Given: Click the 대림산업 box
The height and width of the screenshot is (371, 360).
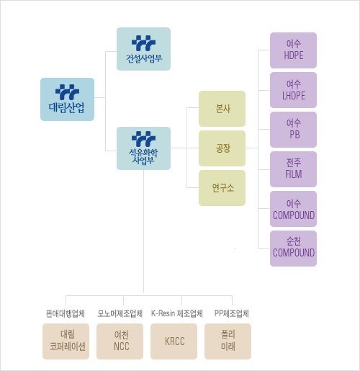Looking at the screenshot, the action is coord(67,99).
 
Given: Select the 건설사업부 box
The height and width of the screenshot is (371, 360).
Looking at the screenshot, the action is coord(143,49).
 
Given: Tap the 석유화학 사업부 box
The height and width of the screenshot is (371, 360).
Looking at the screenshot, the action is coord(143,148).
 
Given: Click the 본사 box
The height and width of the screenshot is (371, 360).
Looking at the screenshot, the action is coord(222,109).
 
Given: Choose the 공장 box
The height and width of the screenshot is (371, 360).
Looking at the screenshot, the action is coord(222,148).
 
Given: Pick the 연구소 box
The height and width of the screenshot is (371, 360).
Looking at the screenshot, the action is coord(222,188).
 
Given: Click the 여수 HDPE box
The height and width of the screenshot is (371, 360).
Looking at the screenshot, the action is coord(293,50).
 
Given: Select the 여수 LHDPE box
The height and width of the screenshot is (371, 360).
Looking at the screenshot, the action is coord(293,90).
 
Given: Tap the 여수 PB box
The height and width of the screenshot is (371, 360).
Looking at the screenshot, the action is coord(293,130).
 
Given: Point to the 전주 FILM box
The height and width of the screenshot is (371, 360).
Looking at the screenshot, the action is coord(293,169).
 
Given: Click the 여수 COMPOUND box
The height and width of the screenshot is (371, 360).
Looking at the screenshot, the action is coord(293,209).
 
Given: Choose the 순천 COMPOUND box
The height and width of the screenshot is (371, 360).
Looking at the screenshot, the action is coord(293,249).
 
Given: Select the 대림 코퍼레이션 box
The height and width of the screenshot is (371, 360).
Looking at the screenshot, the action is coord(66,341).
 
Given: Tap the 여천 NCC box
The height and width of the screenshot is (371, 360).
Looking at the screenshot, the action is coord(120,341).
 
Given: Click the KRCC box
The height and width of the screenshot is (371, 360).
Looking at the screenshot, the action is coord(174,341).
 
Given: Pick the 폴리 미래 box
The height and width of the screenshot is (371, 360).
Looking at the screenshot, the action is coord(228,341).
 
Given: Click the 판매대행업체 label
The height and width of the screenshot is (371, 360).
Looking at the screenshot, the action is coord(66,313).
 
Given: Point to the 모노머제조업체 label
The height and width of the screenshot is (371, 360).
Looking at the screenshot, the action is coord(120,313).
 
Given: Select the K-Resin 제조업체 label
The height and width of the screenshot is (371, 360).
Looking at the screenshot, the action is coord(177,313).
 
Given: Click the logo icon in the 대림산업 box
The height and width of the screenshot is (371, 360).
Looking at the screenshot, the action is coord(67,92).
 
